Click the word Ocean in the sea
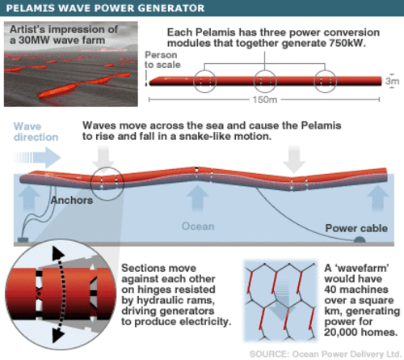pos(196,227)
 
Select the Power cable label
pos(352,227)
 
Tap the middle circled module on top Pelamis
pos(266,82)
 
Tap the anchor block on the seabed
pos(21,241)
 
